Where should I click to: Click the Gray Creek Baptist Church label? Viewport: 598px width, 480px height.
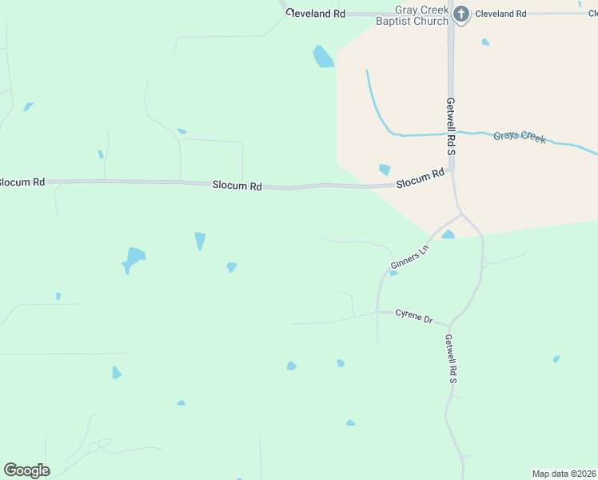click(411, 16)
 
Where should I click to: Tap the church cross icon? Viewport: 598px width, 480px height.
click(461, 14)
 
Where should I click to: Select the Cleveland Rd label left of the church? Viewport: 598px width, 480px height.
click(317, 14)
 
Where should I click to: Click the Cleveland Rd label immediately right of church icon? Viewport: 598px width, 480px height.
click(500, 14)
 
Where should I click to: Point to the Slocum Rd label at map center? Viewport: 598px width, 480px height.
click(237, 186)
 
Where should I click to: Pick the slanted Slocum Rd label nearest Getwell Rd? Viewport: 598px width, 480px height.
click(421, 178)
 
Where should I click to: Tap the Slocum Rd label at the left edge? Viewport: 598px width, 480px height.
click(21, 182)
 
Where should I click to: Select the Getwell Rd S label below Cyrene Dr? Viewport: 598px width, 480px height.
click(451, 358)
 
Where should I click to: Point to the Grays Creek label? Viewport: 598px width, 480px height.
click(520, 137)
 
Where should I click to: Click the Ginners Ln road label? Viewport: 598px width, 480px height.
click(409, 258)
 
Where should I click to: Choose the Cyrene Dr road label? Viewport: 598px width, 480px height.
click(413, 316)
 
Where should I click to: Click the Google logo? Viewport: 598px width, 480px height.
click(26, 470)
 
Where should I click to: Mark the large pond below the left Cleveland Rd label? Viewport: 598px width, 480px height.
click(323, 56)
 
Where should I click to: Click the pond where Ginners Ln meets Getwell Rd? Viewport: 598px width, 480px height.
click(448, 234)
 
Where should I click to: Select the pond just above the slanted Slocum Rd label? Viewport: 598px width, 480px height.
click(385, 170)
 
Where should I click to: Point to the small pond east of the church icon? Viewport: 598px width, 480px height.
click(485, 42)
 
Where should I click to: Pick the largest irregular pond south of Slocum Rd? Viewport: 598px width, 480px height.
click(134, 258)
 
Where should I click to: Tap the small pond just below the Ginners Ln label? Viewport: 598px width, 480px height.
click(393, 274)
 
